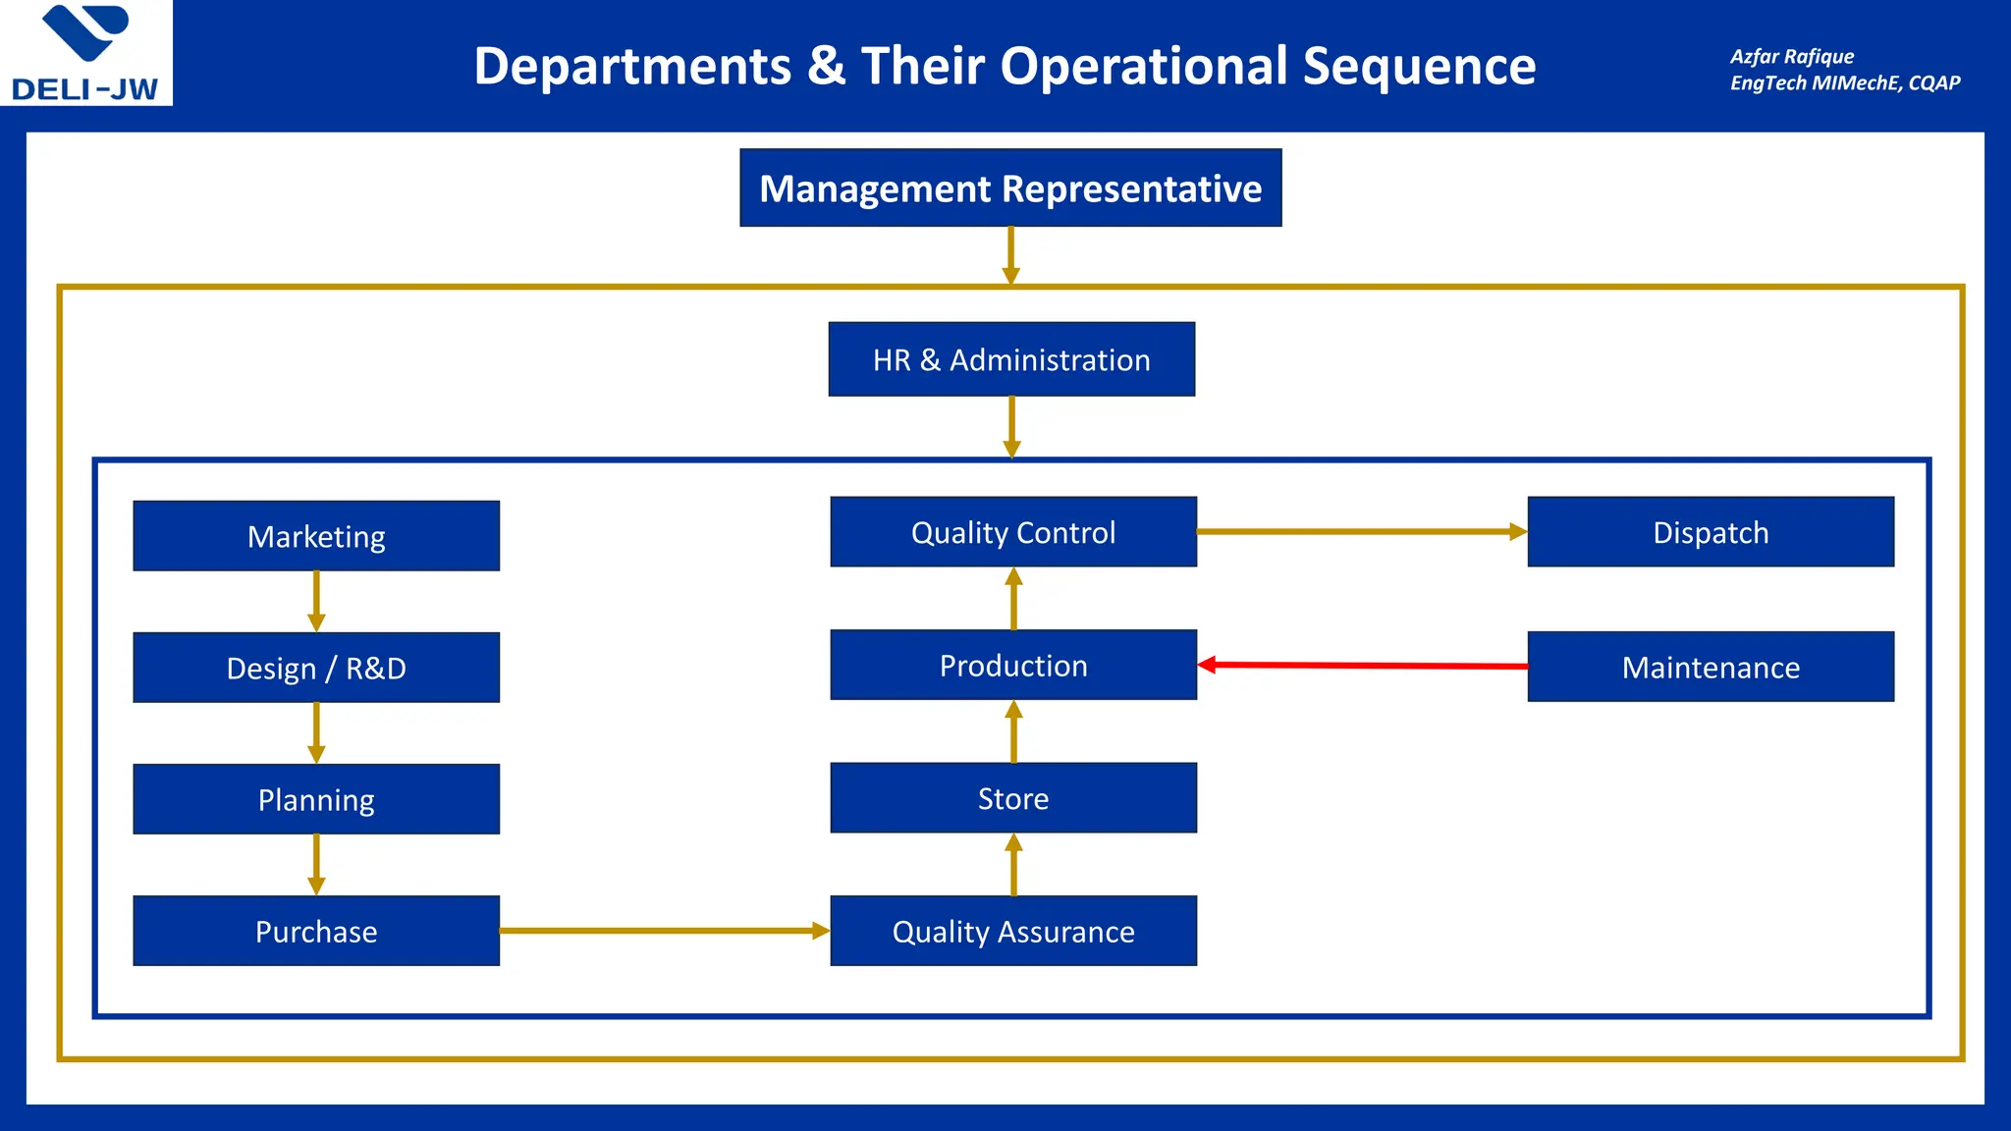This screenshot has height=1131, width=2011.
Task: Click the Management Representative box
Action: pyautogui.click(x=1010, y=188)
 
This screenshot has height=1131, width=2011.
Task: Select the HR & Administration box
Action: pyautogui.click(x=1011, y=359)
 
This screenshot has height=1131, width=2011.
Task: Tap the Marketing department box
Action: pyautogui.click(x=316, y=536)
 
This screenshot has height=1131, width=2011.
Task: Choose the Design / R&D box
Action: pyautogui.click(x=316, y=668)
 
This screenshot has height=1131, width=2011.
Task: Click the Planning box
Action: pyautogui.click(x=316, y=799)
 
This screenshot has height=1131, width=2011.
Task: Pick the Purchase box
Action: pyautogui.click(x=316, y=931)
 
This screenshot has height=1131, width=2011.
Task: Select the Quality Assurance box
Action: pyautogui.click(x=1013, y=931)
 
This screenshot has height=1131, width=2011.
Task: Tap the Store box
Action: pyautogui.click(x=1013, y=798)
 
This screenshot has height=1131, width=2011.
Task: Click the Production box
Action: pyautogui.click(x=1013, y=665)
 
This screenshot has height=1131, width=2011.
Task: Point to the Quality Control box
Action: pyautogui.click(x=1013, y=532)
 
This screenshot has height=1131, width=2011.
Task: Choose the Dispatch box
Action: pyautogui.click(x=1711, y=532)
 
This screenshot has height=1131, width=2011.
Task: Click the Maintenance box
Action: pyautogui.click(x=1711, y=667)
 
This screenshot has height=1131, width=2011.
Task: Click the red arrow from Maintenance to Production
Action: pyautogui.click(x=1363, y=666)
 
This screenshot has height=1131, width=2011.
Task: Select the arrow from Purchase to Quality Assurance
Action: pyautogui.click(x=664, y=931)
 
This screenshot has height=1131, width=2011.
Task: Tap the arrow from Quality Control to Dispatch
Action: pyautogui.click(x=1361, y=532)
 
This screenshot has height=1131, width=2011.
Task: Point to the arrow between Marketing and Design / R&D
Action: pyautogui.click(x=316, y=601)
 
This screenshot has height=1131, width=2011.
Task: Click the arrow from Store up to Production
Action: pyautogui.click(x=1013, y=731)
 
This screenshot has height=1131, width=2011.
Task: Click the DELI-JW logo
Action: pyautogui.click(x=85, y=53)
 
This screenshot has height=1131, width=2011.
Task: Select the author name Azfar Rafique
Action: pyautogui.click(x=1792, y=56)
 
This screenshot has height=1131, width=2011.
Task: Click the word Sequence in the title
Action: pyautogui.click(x=1419, y=67)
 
